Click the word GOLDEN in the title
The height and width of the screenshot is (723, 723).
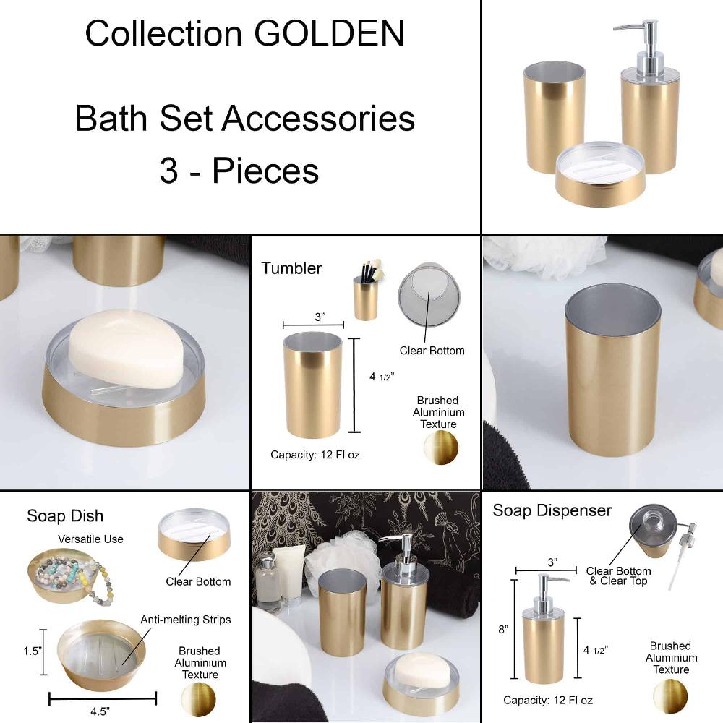[x=338, y=34]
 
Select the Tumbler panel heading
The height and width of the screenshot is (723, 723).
[x=291, y=268]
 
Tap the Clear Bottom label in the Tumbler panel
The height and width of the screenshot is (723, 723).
[x=432, y=351]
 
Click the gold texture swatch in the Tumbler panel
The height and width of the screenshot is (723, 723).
[x=440, y=448]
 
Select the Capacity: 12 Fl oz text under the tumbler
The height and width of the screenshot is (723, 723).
[x=315, y=455]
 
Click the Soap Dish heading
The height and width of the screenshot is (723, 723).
[x=65, y=515]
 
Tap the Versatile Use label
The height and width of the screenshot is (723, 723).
[x=90, y=539]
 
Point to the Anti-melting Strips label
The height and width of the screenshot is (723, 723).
[x=185, y=620]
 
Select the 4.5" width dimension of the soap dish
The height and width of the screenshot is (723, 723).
[x=100, y=711]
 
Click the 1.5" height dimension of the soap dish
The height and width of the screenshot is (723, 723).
[x=32, y=651]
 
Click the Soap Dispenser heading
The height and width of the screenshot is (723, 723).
[x=552, y=510]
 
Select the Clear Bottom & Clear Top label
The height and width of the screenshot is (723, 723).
[x=618, y=576]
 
